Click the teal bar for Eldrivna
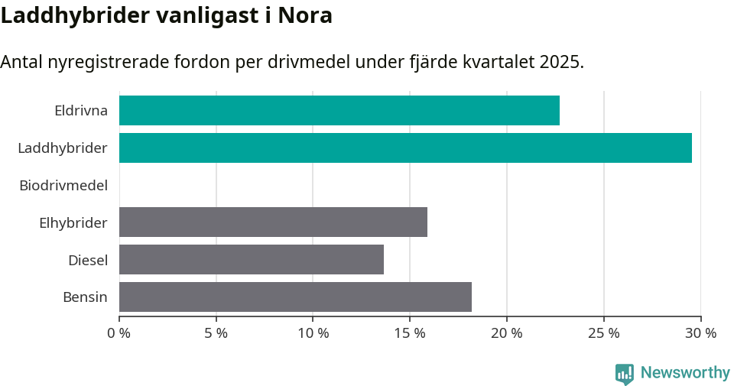(339, 110)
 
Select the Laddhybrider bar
(405, 148)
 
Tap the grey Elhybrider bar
(273, 222)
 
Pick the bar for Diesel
(251, 259)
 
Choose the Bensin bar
(295, 297)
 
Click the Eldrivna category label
(80, 110)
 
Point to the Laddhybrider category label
(63, 148)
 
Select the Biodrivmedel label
(63, 185)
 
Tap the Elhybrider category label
(73, 222)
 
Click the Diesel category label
(87, 260)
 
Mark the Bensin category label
(85, 297)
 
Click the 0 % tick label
(119, 333)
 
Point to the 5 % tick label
(216, 333)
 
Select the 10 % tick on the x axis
(313, 333)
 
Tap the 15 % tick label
(410, 333)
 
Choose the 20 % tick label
(507, 333)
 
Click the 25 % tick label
(604, 333)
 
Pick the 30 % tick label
(700, 333)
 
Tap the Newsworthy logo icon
(624, 374)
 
